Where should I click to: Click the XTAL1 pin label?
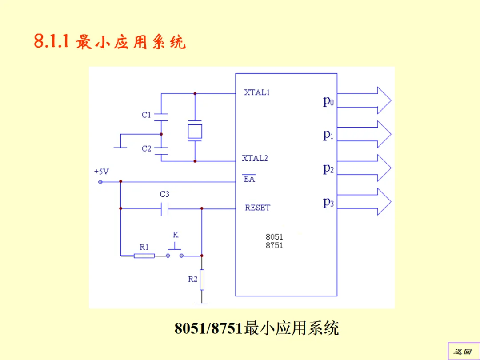(257, 93)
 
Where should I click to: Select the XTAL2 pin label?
(255, 158)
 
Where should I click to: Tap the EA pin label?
(249, 179)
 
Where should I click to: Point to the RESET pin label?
(257, 208)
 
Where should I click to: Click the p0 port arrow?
(364, 100)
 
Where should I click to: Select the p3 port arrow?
(364, 201)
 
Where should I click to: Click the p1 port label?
(328, 135)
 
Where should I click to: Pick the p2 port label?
(328, 168)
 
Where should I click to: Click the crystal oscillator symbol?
(195, 131)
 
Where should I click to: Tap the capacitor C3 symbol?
(164, 208)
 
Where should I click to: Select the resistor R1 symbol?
(144, 256)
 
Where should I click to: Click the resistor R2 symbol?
(202, 280)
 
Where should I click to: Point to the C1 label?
(147, 115)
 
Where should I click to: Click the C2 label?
(147, 149)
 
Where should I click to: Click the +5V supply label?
(101, 171)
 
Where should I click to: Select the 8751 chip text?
(274, 245)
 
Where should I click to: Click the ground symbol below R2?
(202, 304)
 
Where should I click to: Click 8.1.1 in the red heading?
(51, 42)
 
